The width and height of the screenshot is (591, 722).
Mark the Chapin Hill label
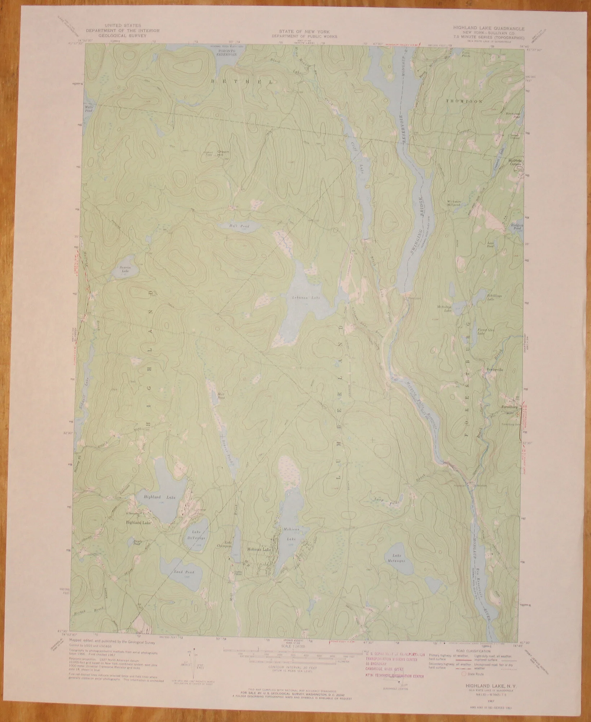pyautogui.click(x=224, y=152)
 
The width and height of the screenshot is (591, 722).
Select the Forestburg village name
pyautogui.click(x=506, y=406)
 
